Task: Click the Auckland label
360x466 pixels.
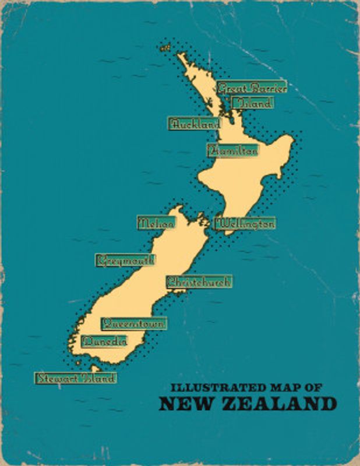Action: click(x=195, y=123)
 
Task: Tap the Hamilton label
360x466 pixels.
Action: click(x=232, y=150)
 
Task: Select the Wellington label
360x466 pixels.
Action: click(x=245, y=223)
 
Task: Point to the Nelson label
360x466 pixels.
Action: click(x=156, y=223)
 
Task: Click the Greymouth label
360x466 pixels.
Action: click(x=125, y=260)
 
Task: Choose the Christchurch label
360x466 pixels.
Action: click(x=199, y=282)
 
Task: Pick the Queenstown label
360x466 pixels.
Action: click(x=133, y=323)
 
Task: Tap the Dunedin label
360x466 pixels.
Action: click(x=105, y=341)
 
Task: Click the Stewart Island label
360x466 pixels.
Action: click(x=75, y=377)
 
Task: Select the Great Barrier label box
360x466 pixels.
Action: click(x=252, y=89)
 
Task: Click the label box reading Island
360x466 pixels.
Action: click(x=252, y=104)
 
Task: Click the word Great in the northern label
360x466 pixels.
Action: click(x=230, y=89)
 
